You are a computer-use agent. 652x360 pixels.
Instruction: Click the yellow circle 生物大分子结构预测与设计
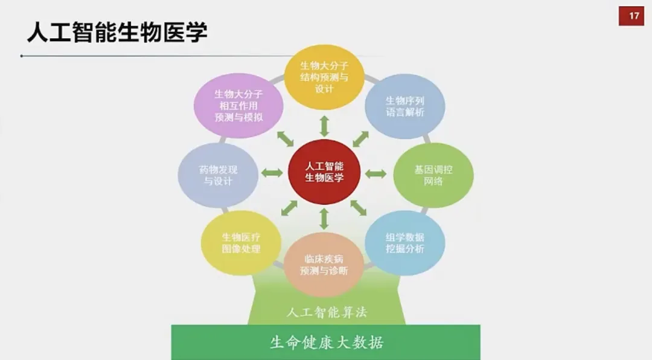[324, 76]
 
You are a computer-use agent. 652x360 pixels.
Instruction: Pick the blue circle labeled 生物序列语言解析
[405, 107]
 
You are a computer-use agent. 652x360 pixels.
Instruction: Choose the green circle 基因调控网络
[433, 175]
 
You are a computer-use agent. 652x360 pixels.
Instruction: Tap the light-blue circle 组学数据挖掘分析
[404, 243]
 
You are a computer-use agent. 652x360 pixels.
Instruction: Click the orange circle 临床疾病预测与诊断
[324, 265]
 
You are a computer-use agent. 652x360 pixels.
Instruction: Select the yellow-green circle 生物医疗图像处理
[241, 243]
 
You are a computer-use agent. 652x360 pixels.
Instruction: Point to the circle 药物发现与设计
[218, 175]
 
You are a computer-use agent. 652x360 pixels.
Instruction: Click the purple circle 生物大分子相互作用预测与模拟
[238, 106]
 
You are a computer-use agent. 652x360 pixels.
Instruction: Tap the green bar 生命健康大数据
[326, 342]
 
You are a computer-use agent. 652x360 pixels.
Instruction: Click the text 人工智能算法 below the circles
[326, 312]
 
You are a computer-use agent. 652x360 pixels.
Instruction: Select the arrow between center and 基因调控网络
[376, 174]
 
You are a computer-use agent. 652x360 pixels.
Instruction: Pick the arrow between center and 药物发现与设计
[272, 174]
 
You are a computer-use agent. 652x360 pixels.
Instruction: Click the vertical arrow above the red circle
[324, 125]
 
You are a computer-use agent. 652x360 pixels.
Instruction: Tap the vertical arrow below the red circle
[324, 218]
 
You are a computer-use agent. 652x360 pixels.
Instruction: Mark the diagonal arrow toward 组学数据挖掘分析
[359, 208]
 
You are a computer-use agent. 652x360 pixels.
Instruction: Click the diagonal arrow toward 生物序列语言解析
[361, 138]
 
